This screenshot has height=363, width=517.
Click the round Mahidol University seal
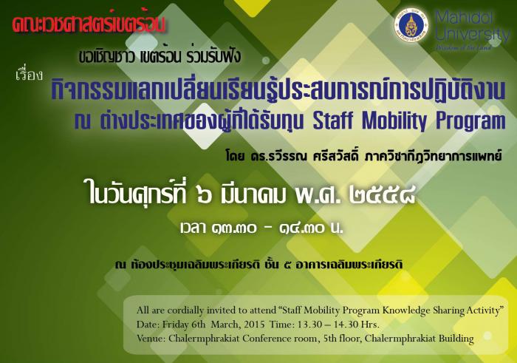[x=411, y=27]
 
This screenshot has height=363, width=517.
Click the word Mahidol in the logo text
[x=464, y=18]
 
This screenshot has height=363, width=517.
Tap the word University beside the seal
[x=473, y=35]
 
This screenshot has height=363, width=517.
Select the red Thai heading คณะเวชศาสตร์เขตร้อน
[x=89, y=25]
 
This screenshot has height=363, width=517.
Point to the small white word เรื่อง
[x=29, y=75]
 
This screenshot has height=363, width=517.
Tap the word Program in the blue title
[x=471, y=121]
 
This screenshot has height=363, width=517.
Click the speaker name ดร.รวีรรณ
[x=278, y=156]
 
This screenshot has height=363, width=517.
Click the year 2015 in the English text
[x=254, y=325]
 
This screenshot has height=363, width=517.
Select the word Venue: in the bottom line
[x=151, y=339]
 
